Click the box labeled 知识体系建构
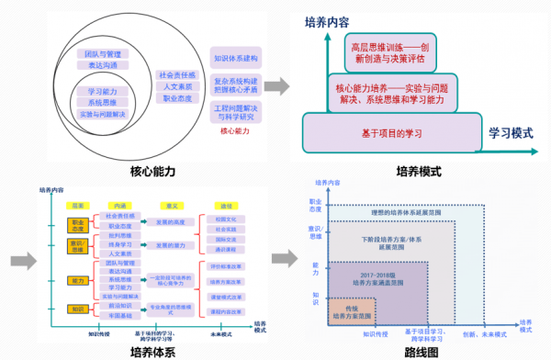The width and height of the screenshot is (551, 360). (236, 57)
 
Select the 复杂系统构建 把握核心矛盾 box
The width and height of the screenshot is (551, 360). (236, 86)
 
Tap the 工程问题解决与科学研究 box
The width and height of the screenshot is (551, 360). (236, 114)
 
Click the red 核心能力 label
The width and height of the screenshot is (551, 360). (236, 132)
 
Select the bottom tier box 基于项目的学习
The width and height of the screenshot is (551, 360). (392, 133)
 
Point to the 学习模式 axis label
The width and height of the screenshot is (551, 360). (512, 132)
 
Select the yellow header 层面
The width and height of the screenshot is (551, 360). (79, 205)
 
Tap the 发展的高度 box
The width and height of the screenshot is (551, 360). (171, 223)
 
